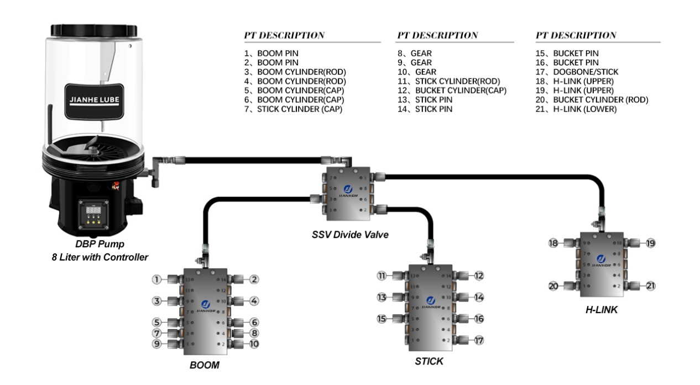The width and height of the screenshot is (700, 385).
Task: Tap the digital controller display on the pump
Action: pos(92,209)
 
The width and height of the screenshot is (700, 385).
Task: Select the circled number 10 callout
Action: pos(254,344)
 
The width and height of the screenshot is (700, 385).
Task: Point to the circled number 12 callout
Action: pos(479,275)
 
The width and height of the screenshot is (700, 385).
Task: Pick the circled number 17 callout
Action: pos(479,339)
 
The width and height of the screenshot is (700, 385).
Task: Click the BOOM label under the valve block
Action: pos(205,365)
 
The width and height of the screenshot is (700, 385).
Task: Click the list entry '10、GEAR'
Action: pos(416,72)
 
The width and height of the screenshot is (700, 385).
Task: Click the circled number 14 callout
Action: pos(479,297)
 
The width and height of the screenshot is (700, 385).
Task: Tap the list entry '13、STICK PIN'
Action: pos(426,100)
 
